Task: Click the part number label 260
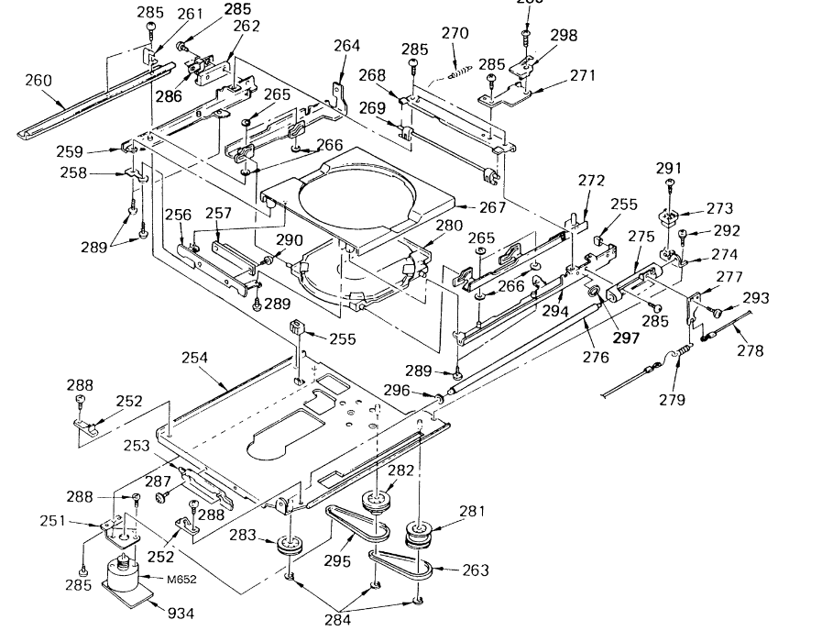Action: [38, 80]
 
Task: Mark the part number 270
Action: [455, 33]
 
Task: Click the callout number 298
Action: [564, 35]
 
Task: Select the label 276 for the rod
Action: [597, 358]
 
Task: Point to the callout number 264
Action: [347, 45]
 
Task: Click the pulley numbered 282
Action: [375, 504]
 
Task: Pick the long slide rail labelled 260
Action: [92, 95]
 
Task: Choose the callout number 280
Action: [449, 225]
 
